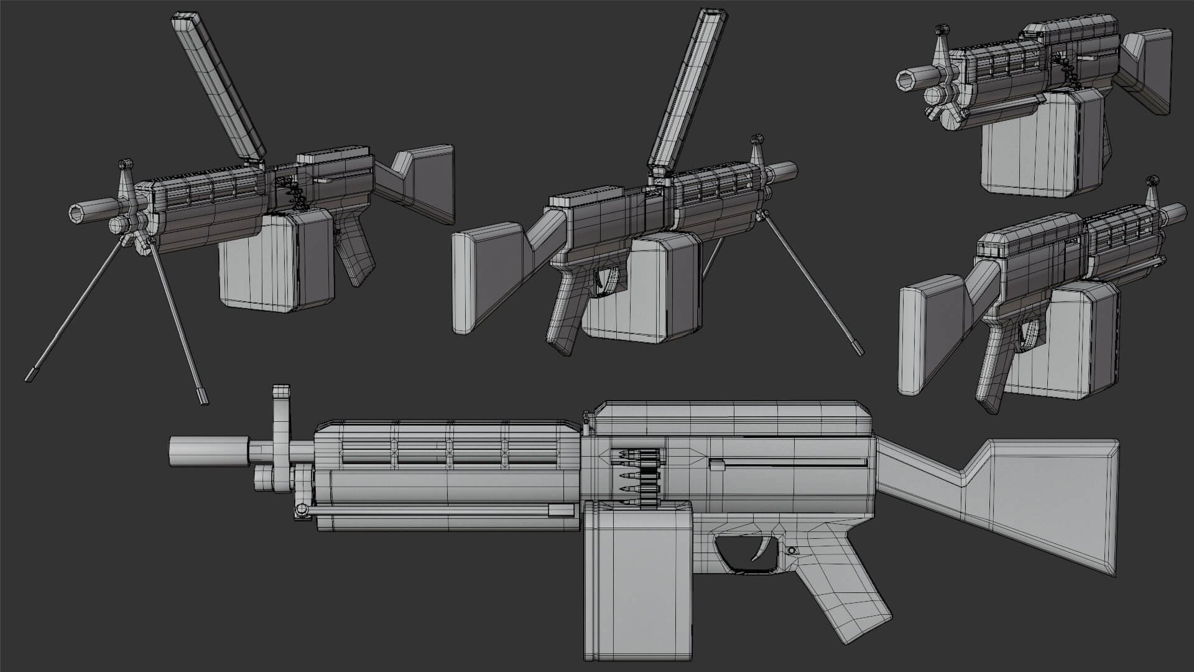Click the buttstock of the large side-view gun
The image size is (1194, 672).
point(1045,498)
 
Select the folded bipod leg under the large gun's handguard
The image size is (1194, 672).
point(435,511)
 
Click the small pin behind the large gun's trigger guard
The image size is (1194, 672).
point(792,551)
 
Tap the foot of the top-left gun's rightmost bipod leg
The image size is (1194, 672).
point(202,396)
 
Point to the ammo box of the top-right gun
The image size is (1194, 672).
point(1029,149)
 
